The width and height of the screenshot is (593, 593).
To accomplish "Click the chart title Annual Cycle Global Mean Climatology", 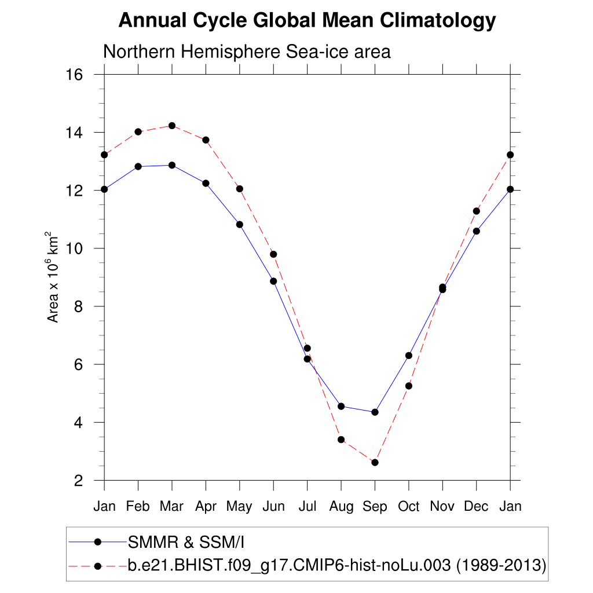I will click(x=307, y=21).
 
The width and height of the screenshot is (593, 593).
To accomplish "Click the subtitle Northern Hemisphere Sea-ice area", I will click(x=247, y=52).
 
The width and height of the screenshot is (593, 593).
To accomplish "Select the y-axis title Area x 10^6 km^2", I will click(x=53, y=277).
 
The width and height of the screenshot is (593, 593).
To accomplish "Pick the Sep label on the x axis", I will click(x=375, y=507).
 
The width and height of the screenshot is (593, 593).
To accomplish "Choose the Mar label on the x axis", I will click(x=171, y=507).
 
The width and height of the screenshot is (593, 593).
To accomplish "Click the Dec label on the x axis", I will click(x=477, y=507).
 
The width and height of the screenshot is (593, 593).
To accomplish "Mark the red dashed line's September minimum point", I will click(x=375, y=462).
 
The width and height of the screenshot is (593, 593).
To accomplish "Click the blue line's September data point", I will click(x=375, y=412).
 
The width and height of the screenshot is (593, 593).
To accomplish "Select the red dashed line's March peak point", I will click(x=172, y=126).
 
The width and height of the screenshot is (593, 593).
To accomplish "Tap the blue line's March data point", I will click(x=172, y=165).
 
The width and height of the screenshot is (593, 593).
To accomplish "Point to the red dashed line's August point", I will click(x=341, y=440).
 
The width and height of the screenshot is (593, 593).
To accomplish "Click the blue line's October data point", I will click(x=409, y=356).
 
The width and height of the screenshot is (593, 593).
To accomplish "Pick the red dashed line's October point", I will click(x=409, y=386).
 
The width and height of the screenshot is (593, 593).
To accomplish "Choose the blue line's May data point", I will click(x=239, y=225).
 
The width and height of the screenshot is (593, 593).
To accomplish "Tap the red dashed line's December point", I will click(x=477, y=211).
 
